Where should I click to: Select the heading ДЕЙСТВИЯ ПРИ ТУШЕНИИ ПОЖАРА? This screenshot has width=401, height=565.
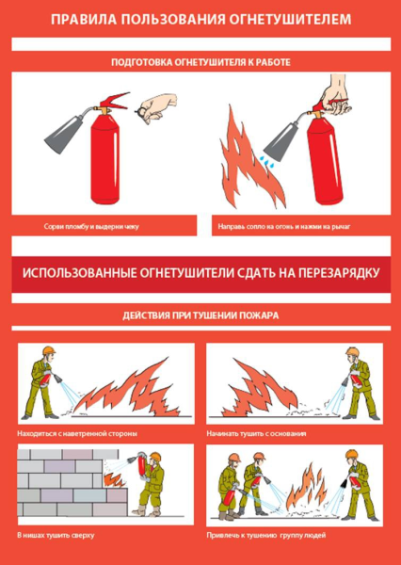[x=200, y=315]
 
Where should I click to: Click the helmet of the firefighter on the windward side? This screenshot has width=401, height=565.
[x=48, y=352]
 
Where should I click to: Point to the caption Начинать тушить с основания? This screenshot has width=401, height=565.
[x=253, y=434]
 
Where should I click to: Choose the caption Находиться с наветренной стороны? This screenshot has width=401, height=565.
[x=77, y=434]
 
